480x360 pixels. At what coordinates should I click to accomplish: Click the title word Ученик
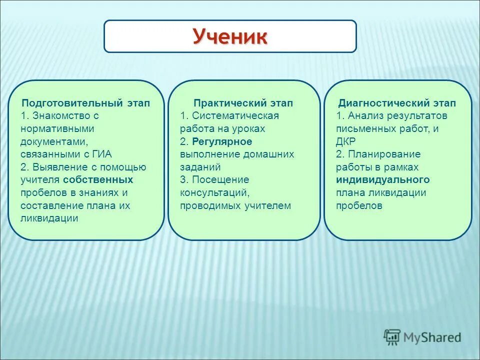(230, 36)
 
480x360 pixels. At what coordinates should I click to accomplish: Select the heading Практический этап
(243, 103)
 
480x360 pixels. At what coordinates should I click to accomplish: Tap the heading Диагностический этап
(397, 103)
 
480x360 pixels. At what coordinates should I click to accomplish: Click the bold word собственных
(105, 179)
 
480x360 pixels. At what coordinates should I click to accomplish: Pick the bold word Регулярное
(222, 141)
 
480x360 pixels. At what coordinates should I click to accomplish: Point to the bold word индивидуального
(382, 180)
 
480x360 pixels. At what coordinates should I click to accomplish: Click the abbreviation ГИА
(101, 154)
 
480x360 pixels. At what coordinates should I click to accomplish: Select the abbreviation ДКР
(346, 141)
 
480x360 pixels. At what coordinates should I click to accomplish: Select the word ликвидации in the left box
(49, 218)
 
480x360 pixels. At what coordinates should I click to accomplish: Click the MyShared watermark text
(432, 337)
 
